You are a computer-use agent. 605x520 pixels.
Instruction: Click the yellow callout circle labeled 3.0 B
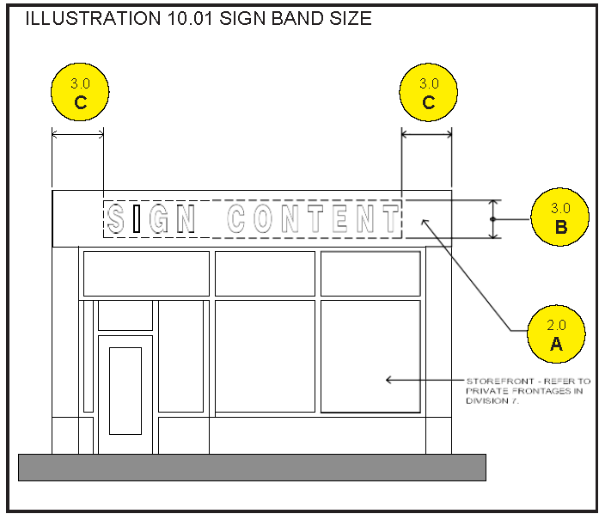pyautogui.click(x=559, y=217)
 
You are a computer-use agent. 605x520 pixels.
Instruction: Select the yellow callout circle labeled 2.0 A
pyautogui.click(x=556, y=334)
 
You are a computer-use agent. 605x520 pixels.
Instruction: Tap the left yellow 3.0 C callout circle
pyautogui.click(x=80, y=92)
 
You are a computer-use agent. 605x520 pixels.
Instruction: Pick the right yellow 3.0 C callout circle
pyautogui.click(x=428, y=92)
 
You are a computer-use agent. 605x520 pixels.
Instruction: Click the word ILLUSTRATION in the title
pyautogui.click(x=93, y=19)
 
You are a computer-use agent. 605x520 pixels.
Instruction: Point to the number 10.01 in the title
pyautogui.click(x=190, y=19)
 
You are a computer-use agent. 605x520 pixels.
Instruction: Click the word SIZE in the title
pyautogui.click(x=351, y=19)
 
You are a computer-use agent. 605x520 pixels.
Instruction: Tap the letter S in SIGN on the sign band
pyautogui.click(x=116, y=218)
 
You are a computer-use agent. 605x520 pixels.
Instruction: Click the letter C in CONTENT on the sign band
pyautogui.click(x=236, y=218)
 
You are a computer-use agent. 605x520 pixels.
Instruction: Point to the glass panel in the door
pyautogui.click(x=125, y=391)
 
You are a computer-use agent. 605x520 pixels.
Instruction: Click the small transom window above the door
pyautogui.click(x=125, y=315)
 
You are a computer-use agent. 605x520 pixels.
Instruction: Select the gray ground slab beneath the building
pyautogui.click(x=253, y=468)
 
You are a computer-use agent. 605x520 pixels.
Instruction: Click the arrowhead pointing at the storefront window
pyautogui.click(x=389, y=380)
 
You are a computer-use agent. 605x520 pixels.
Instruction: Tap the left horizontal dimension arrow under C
pyautogui.click(x=78, y=134)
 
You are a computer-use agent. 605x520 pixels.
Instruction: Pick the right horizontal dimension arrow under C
pyautogui.click(x=427, y=134)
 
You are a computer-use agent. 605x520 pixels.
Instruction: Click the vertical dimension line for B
pyautogui.click(x=493, y=219)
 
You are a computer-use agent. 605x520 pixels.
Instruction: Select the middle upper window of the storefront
pyautogui.click(x=265, y=273)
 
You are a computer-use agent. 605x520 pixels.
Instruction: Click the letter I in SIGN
pyautogui.click(x=137, y=218)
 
